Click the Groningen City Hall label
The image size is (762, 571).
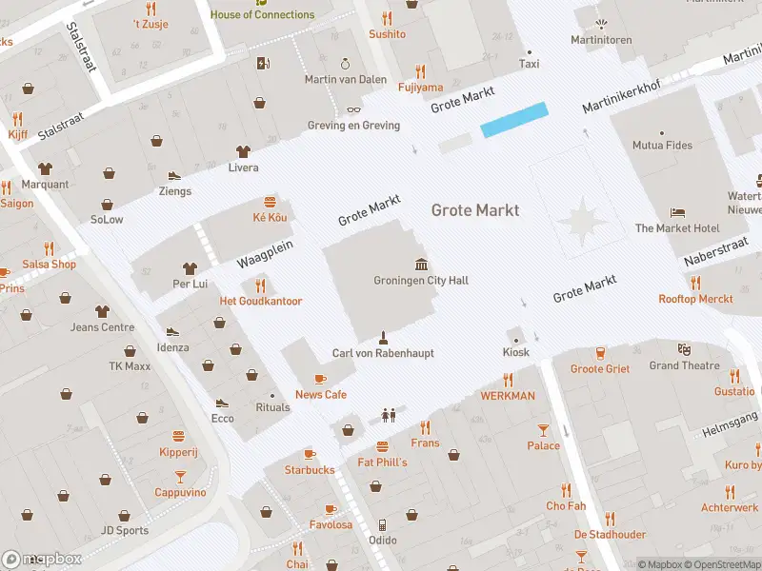point(421,281)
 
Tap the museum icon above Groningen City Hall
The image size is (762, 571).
point(421,264)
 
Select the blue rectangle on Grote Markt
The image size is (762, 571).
point(514,120)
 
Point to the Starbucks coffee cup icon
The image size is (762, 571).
point(310,454)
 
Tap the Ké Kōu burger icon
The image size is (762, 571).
point(271,202)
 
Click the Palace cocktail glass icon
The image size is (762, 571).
point(544,430)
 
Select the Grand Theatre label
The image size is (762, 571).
point(684,365)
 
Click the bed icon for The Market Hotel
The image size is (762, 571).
point(677,212)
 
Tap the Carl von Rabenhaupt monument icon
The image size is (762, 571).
point(383,337)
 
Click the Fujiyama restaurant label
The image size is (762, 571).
point(420,88)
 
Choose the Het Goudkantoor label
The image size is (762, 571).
point(261,302)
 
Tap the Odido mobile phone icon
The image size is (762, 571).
point(382,524)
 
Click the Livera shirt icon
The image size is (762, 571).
point(243,151)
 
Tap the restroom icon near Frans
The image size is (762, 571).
point(388,415)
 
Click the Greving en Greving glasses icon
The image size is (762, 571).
point(353,109)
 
